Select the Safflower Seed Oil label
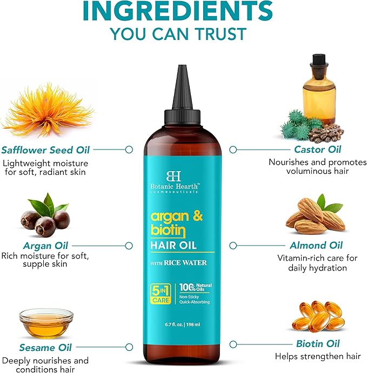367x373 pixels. pos(45,150)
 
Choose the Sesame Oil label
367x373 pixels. pos(45,348)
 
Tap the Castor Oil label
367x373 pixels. pos(318,150)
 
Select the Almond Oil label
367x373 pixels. pos(316,246)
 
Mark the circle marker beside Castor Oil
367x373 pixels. pos(233,150)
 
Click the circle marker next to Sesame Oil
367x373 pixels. pos(130,348)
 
